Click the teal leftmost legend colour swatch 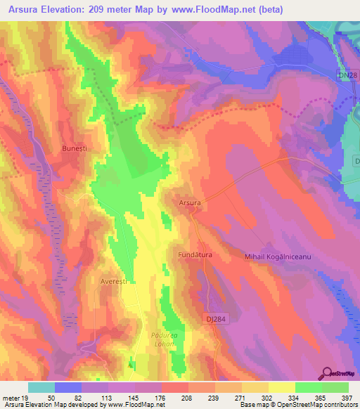[41, 387]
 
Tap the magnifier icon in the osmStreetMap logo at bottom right [328, 373]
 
